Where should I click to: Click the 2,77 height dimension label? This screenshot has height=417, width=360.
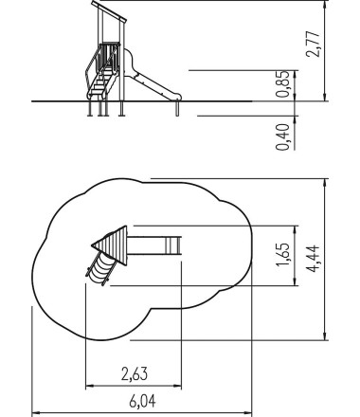(314, 44)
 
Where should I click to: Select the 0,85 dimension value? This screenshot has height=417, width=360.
(282, 84)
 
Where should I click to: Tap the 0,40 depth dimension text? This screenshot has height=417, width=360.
(282, 137)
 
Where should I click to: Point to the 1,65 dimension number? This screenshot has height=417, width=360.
(282, 255)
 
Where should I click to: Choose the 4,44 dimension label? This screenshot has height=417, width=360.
(314, 258)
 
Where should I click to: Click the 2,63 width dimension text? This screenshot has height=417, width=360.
(135, 373)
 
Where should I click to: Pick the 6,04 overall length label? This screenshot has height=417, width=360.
(142, 402)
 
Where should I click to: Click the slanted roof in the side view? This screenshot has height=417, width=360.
(109, 11)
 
